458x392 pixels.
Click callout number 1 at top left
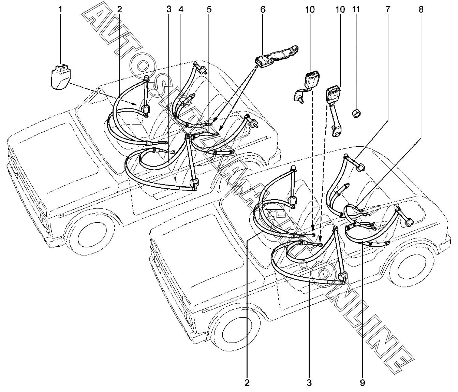[x=60, y=9]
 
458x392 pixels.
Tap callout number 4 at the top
[x=181, y=9]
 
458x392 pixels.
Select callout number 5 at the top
[x=209, y=9]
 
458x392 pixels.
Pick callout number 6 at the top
[x=263, y=9]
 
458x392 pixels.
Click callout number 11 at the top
[x=356, y=9]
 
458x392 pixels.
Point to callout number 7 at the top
[x=387, y=9]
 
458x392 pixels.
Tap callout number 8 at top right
[x=421, y=9]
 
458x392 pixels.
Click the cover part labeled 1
[x=60, y=77]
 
